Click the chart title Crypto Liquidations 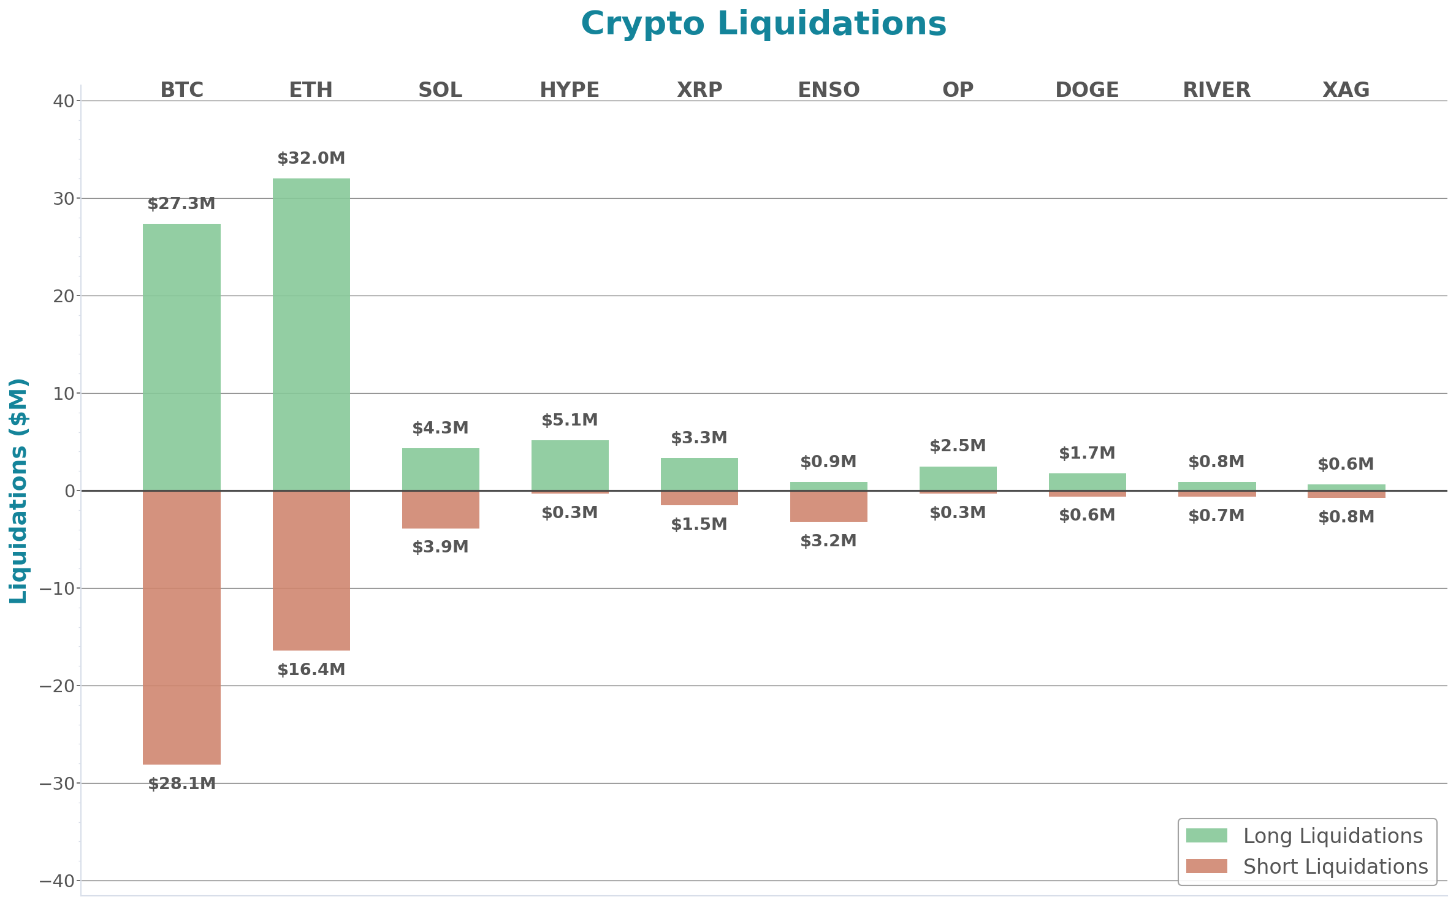point(763,25)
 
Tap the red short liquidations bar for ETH point(311,570)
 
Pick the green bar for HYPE point(570,465)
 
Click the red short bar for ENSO point(828,506)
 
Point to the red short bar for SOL point(440,510)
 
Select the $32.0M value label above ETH point(311,158)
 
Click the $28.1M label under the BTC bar point(181,784)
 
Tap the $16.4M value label point(311,670)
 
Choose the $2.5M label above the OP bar point(958,446)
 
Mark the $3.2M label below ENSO point(828,541)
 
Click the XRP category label point(699,90)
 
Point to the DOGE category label point(1087,90)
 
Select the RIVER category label point(1216,90)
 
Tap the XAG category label point(1346,90)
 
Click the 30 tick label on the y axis point(63,199)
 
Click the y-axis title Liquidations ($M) point(18,491)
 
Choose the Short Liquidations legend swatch point(1206,866)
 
